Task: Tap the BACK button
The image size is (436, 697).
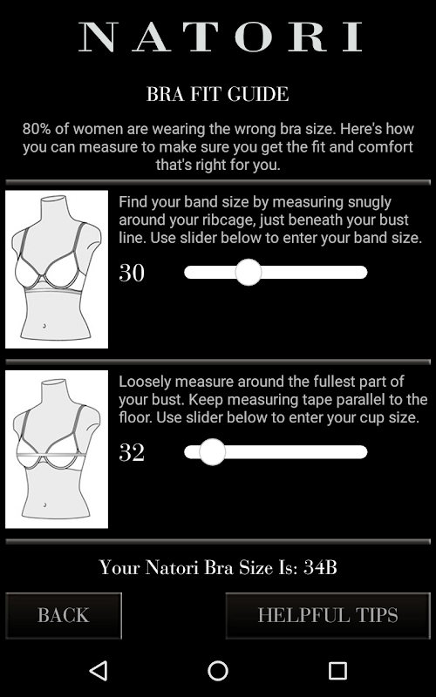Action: [x=63, y=615]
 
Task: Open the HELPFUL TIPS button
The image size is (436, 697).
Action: [x=328, y=615]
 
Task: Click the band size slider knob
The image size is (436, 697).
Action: [x=249, y=272]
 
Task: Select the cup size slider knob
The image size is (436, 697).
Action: [x=212, y=452]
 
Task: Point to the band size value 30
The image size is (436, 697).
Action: [x=132, y=273]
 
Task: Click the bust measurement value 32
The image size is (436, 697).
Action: [x=132, y=452]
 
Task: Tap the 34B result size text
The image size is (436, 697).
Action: [x=320, y=567]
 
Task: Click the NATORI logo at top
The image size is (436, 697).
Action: [x=221, y=37]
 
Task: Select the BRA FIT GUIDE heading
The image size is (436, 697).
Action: [x=217, y=94]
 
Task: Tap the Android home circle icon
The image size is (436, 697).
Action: [x=218, y=670]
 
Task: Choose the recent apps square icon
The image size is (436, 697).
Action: [x=337, y=670]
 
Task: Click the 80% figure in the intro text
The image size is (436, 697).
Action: [x=37, y=129]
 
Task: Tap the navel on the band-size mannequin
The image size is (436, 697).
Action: [x=44, y=326]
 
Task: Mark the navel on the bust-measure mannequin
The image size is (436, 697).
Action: [x=45, y=505]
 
